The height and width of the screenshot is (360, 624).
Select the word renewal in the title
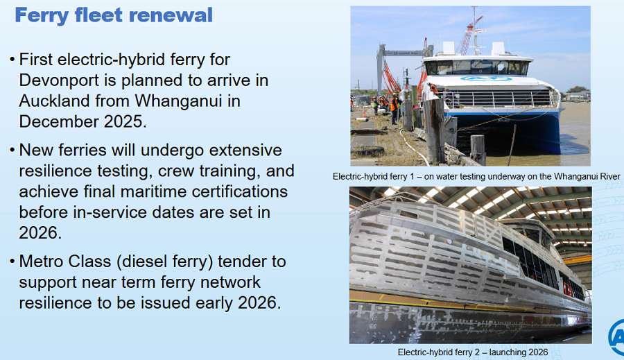coord(171,15)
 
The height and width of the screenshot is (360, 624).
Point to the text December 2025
coord(83,121)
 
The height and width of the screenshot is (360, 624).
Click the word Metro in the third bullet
coord(41,262)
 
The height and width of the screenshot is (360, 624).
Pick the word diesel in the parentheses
coord(144,262)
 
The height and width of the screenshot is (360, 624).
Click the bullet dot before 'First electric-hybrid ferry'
coord(12,60)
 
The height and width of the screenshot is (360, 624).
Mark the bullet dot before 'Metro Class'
coord(12,262)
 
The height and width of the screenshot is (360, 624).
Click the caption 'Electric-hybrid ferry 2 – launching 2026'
coord(473,352)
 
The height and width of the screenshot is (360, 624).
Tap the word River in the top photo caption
coord(609,176)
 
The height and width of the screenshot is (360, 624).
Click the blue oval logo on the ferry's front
coord(486,78)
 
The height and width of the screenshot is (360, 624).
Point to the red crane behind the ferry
coord(469,36)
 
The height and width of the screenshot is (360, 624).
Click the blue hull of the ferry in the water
coord(513,130)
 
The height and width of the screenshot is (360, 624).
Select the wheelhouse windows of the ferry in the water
coord(478,67)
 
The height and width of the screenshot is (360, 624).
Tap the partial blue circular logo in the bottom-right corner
coord(616,337)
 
